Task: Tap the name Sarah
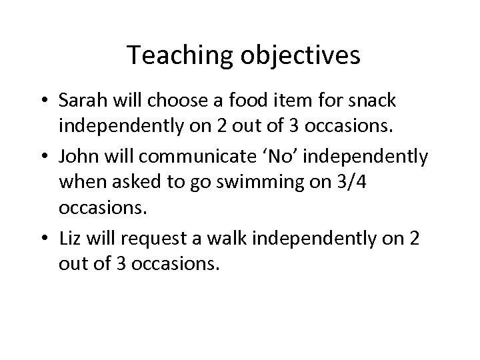[x=81, y=101]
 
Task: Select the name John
[x=77, y=157]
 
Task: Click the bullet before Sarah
[x=45, y=101]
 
